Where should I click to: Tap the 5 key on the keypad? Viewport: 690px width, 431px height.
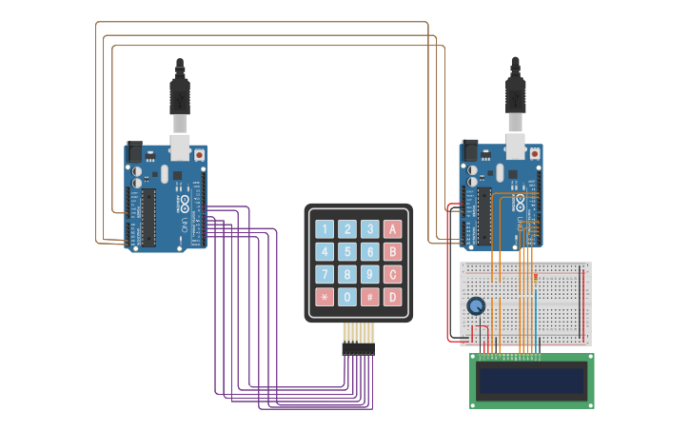coord(347,251)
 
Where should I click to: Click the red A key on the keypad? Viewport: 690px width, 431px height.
coord(392,228)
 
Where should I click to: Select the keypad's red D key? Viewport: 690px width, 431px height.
coord(392,297)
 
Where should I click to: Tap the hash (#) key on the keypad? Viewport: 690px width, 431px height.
coord(370,297)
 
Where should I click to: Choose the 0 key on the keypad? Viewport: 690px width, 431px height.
coord(347,297)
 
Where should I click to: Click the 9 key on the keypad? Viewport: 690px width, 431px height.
coord(370,274)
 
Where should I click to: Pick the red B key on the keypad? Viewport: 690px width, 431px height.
coord(392,251)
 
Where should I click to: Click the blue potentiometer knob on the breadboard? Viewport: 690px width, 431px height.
coord(476,306)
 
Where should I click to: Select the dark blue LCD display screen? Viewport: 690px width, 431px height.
coord(531,382)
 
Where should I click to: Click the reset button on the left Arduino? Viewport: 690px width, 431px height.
coord(199,154)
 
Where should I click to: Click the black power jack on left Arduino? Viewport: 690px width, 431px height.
coord(134,151)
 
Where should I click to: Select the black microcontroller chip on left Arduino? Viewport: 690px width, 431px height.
coord(148,215)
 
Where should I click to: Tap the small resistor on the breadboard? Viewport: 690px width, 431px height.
coord(537,277)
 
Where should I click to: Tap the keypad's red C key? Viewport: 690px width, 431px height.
coord(392,274)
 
